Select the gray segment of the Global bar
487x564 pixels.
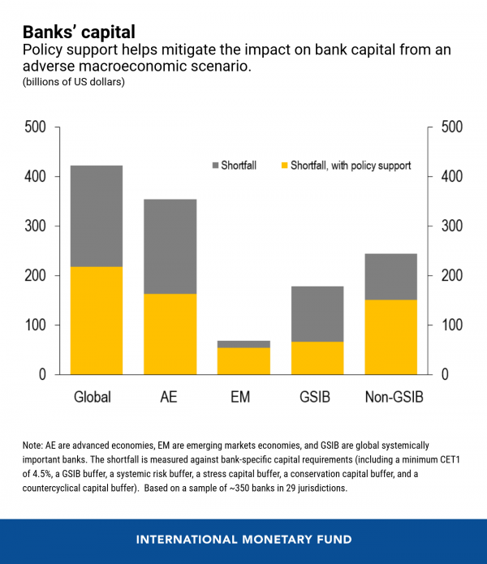pos(97,216)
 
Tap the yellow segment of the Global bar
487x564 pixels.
pos(97,321)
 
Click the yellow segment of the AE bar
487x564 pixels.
pos(171,334)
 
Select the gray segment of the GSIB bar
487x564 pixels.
pos(318,313)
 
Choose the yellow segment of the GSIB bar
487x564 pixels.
pos(318,358)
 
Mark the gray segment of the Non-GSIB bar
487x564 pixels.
pos(392,277)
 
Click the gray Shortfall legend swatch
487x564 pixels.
pos(216,166)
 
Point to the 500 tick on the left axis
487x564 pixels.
pos(36,127)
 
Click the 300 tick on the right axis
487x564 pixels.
pos(451,226)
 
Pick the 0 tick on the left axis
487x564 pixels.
pos(43,375)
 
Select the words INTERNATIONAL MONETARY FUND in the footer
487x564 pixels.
pos(243,539)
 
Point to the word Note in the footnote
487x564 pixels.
pos(34,446)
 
